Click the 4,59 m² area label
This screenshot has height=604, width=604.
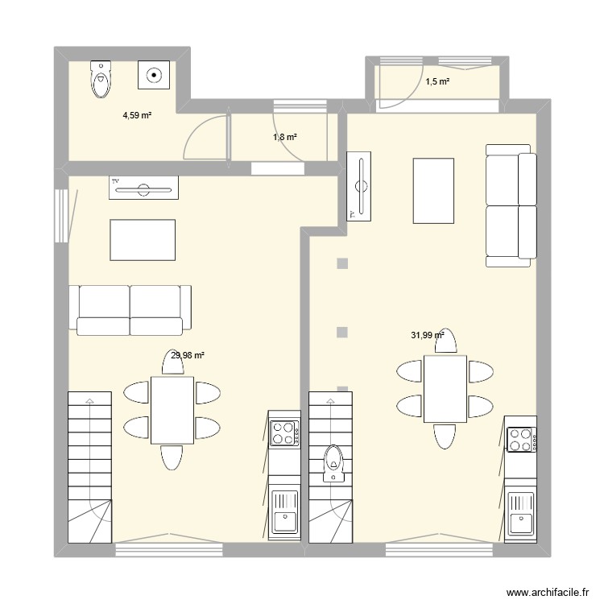pos(137,116)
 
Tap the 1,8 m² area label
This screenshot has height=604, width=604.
pos(284,138)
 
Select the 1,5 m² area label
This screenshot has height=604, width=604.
pos(437,81)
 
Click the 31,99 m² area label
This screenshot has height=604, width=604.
pos(428,336)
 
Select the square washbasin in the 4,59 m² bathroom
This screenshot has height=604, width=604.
pos(154,77)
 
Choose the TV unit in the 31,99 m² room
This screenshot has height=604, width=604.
pos(358,186)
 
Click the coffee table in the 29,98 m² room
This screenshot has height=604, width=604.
pos(143,240)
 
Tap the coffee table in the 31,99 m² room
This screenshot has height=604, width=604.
pos(434,191)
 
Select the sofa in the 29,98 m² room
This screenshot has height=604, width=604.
pos(134,308)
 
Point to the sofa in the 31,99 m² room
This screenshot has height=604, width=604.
pos(511,205)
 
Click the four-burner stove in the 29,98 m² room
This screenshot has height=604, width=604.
pos(284,434)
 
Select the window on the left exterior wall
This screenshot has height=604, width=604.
pos(62,215)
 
